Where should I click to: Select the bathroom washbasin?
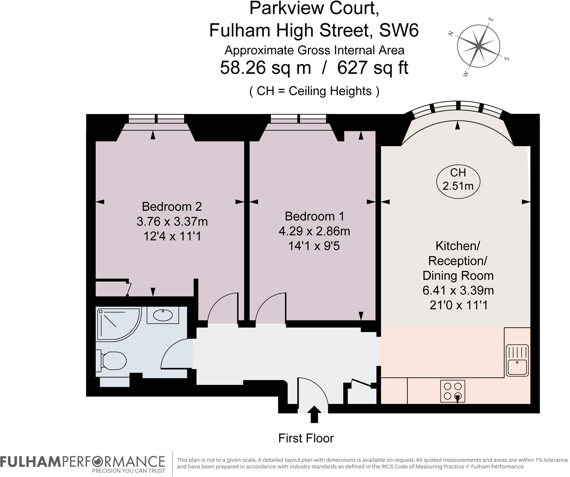[163, 315]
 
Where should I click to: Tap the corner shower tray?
[118, 324]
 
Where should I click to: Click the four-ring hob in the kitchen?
[453, 391]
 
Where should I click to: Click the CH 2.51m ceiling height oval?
[458, 179]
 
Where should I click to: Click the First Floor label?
[306, 438]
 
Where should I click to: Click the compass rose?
[479, 46]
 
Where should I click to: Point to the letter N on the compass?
[450, 33]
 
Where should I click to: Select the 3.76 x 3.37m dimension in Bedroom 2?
[172, 221]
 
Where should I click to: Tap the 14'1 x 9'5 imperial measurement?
[314, 246]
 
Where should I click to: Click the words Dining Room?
[458, 275]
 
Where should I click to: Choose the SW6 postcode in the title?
[398, 30]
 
